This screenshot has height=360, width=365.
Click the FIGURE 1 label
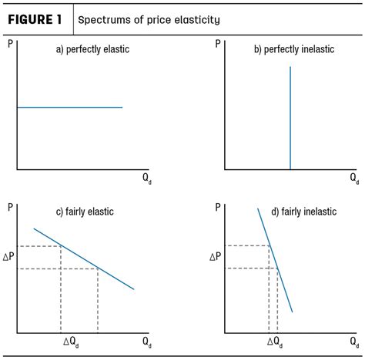tap(36, 18)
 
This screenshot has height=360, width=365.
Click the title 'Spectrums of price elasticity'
tap(142, 19)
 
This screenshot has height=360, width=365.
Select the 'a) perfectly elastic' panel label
tap(92, 49)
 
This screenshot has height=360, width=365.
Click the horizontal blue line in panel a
tap(69, 107)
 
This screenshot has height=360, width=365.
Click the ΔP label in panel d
tap(215, 257)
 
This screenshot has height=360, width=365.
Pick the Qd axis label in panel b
tap(353, 178)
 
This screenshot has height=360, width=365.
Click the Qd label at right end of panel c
tap(147, 342)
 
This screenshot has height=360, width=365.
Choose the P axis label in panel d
tap(219, 206)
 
